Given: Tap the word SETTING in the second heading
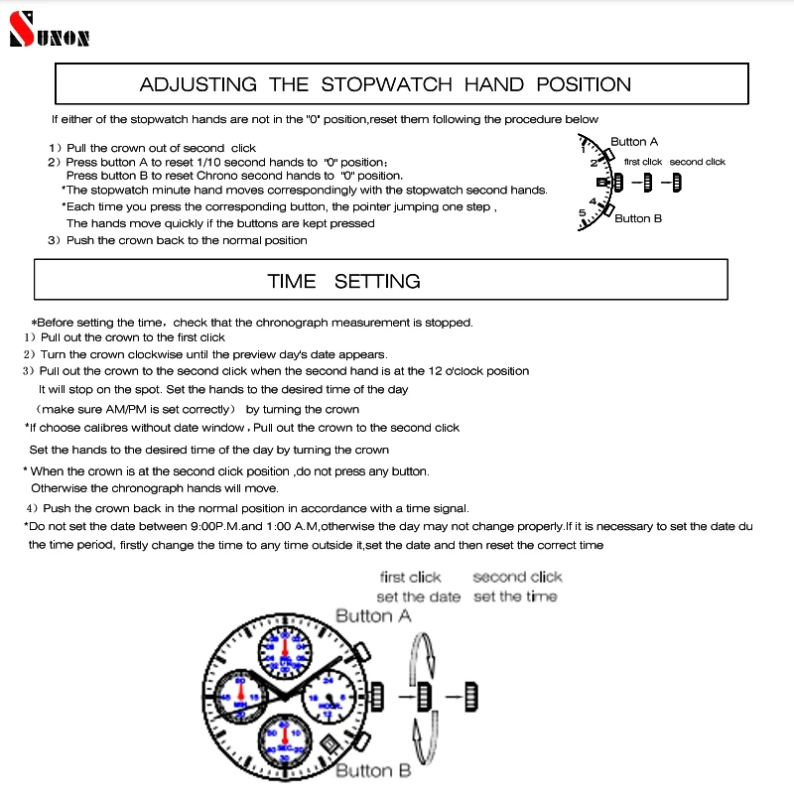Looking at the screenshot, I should (377, 281).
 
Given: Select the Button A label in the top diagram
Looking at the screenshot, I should (633, 142).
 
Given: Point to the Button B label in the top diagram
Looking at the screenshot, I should (637, 218).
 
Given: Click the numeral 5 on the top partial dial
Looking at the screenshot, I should (583, 212).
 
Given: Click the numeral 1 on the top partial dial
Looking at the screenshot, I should (584, 150).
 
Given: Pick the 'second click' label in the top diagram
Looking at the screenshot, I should (697, 162).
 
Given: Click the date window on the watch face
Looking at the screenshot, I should (328, 741).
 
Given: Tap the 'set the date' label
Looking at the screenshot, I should (418, 596).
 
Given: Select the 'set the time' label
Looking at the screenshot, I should (515, 596).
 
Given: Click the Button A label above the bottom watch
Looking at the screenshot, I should (373, 616).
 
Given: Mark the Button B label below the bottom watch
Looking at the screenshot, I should (373, 771).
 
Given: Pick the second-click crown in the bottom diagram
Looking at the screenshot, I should (471, 697).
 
